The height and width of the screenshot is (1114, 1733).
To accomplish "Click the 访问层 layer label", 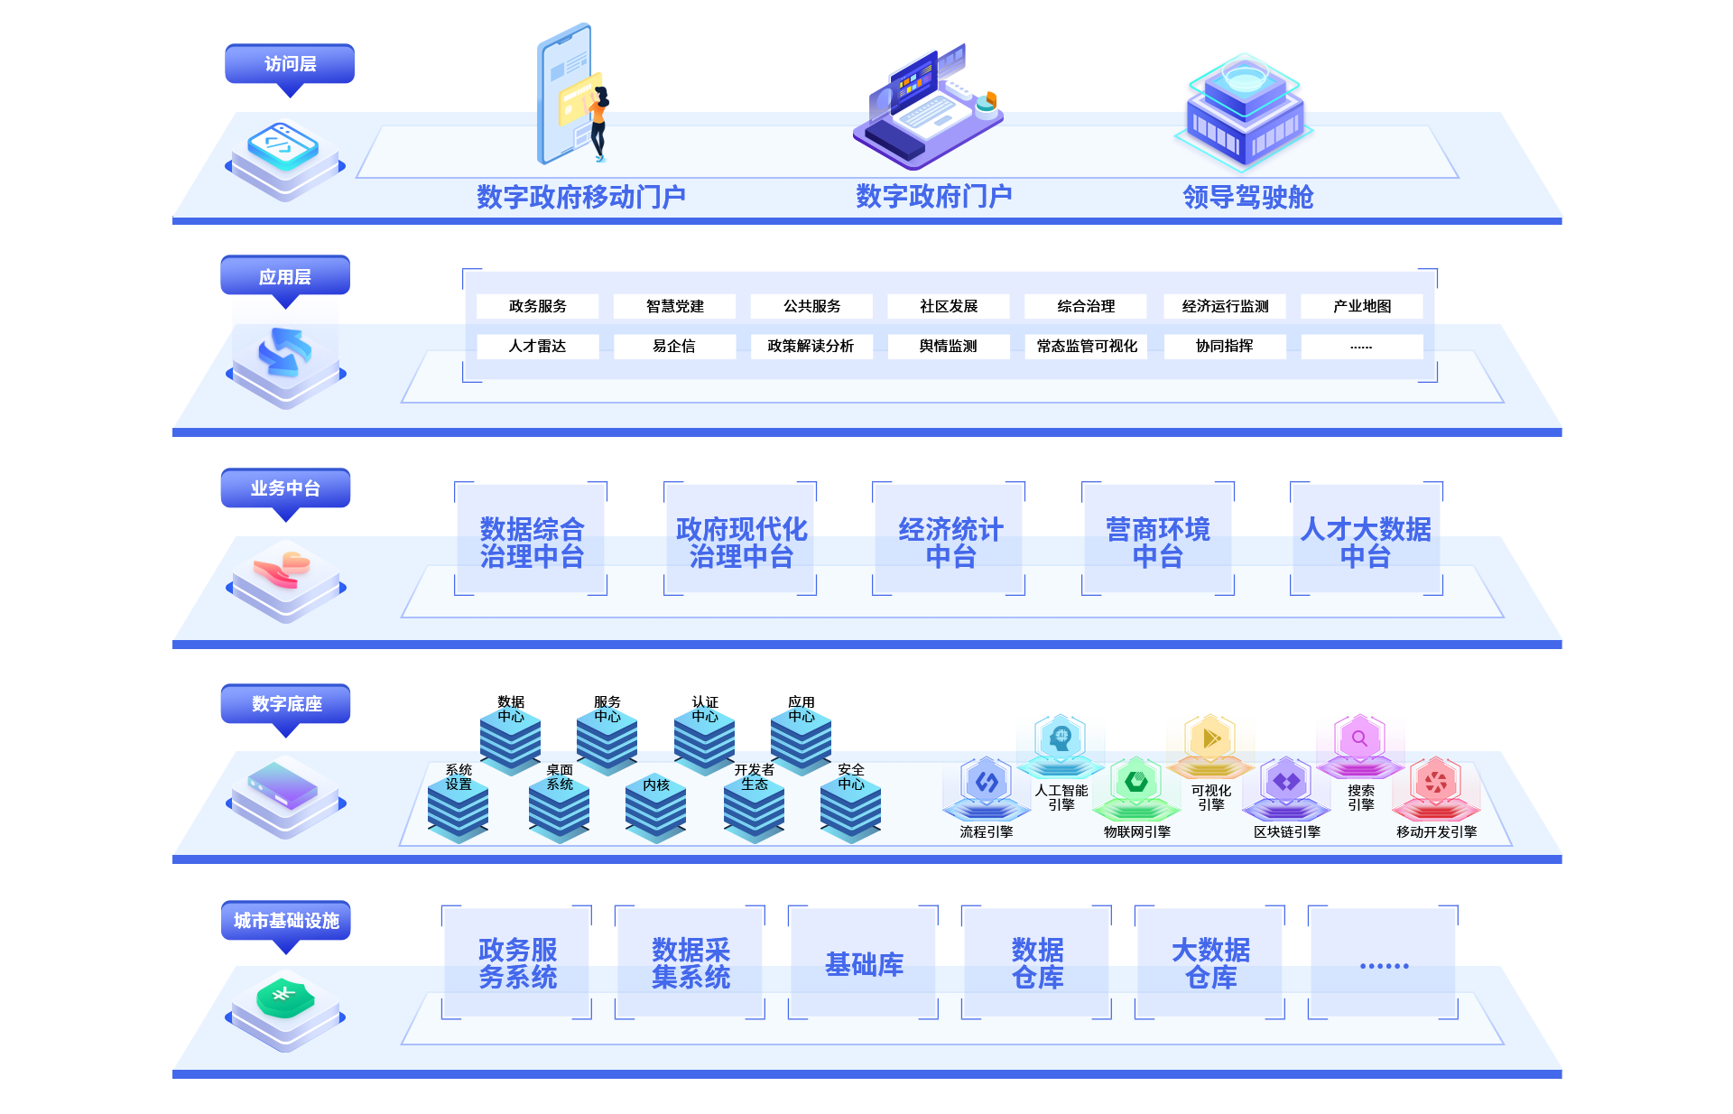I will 290,65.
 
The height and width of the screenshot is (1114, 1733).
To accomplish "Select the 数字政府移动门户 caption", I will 581,197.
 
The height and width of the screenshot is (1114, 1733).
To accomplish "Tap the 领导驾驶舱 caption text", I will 1247,197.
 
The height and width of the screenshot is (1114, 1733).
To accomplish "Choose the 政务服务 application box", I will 538,306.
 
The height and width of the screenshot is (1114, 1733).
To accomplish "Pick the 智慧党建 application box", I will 675,306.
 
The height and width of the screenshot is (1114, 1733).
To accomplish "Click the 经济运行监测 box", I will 1225,306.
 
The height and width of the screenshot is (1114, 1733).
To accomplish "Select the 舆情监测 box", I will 948,346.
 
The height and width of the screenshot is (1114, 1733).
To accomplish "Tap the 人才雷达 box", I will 538,346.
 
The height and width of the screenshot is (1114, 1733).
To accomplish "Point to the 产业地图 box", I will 1362,306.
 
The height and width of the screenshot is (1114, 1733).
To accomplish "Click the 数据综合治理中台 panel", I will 532,542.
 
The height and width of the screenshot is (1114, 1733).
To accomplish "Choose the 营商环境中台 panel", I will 1158,542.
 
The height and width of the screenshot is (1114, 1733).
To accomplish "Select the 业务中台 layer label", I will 285,489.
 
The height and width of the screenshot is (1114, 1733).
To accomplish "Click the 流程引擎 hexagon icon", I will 987,783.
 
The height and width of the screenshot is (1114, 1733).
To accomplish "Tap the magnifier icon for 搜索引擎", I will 1359,738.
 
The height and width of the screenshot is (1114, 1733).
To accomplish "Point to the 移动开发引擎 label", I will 1437,832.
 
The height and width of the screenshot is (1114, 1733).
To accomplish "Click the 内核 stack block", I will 656,805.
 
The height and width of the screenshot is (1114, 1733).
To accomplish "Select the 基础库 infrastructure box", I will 864,964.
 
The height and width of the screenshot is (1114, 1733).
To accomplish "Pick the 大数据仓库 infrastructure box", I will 1210,963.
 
